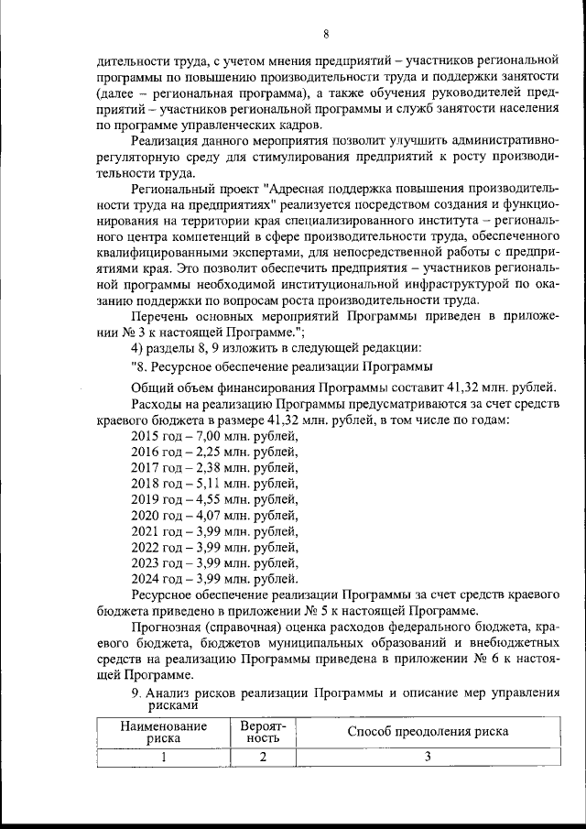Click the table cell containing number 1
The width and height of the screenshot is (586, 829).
click(x=162, y=758)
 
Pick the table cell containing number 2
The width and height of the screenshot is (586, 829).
click(x=263, y=758)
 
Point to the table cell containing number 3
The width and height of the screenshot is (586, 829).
click(x=428, y=758)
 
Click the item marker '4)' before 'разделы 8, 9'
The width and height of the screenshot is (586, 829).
click(x=138, y=347)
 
